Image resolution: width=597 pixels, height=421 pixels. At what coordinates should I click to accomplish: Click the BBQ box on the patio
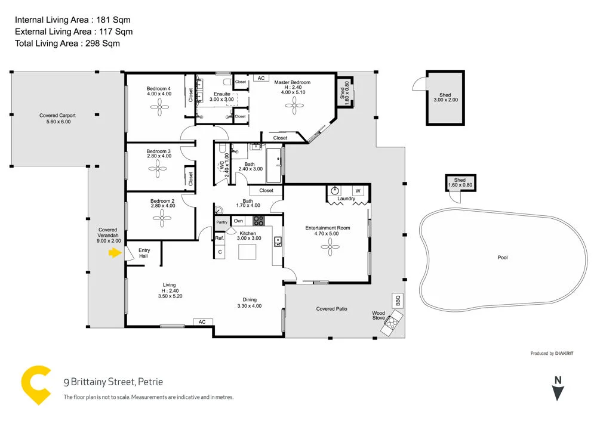coord(397,301)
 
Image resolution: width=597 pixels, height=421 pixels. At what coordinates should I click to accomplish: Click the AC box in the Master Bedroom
coord(261,78)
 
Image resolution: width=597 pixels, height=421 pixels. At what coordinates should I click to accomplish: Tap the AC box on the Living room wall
coord(202,322)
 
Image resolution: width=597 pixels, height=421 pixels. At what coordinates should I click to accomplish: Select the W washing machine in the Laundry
coord(358,191)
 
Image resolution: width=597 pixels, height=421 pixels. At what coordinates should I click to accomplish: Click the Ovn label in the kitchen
coord(238,221)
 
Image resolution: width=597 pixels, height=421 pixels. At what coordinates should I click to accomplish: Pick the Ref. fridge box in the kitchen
coord(219,238)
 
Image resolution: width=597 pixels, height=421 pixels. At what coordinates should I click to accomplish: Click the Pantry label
coord(222,222)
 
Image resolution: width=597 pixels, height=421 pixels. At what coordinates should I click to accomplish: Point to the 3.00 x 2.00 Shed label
coord(445,98)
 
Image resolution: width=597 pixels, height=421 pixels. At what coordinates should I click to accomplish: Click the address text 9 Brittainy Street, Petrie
coord(113,382)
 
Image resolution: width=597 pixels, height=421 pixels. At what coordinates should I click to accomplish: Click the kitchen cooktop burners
coord(257,221)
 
